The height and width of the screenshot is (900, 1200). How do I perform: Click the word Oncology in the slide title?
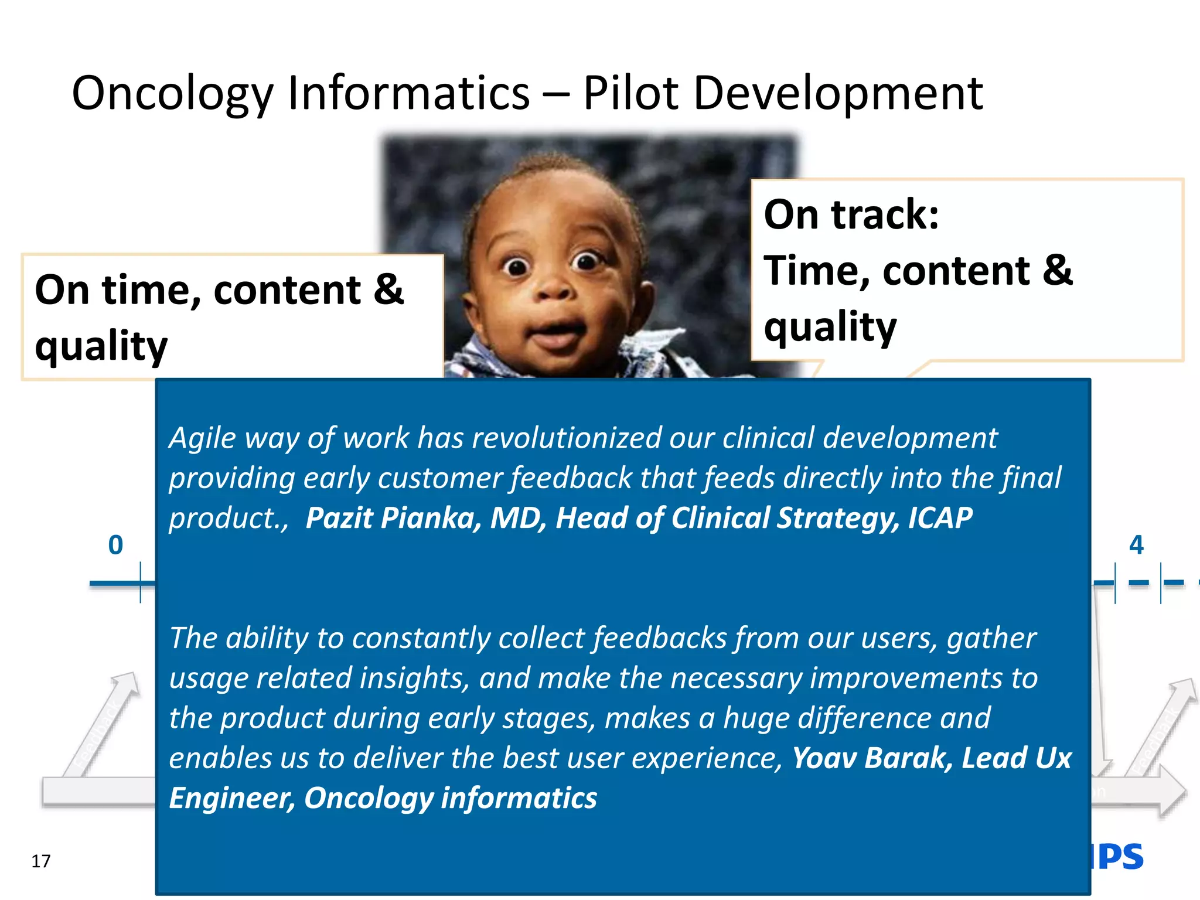tap(173, 94)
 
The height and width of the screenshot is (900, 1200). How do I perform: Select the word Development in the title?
tap(838, 94)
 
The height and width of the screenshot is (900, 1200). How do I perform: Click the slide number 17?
tap(41, 861)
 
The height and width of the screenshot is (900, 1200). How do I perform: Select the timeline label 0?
tap(115, 545)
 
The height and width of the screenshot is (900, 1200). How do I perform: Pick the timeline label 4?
tap(1136, 545)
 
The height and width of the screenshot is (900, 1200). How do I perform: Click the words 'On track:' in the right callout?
tap(851, 214)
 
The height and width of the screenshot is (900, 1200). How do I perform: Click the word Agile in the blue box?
tap(202, 438)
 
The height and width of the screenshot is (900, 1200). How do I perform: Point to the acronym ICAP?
tap(940, 518)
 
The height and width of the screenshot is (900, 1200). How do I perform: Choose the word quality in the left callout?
tap(101, 346)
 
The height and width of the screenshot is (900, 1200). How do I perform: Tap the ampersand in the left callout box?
tap(388, 289)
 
